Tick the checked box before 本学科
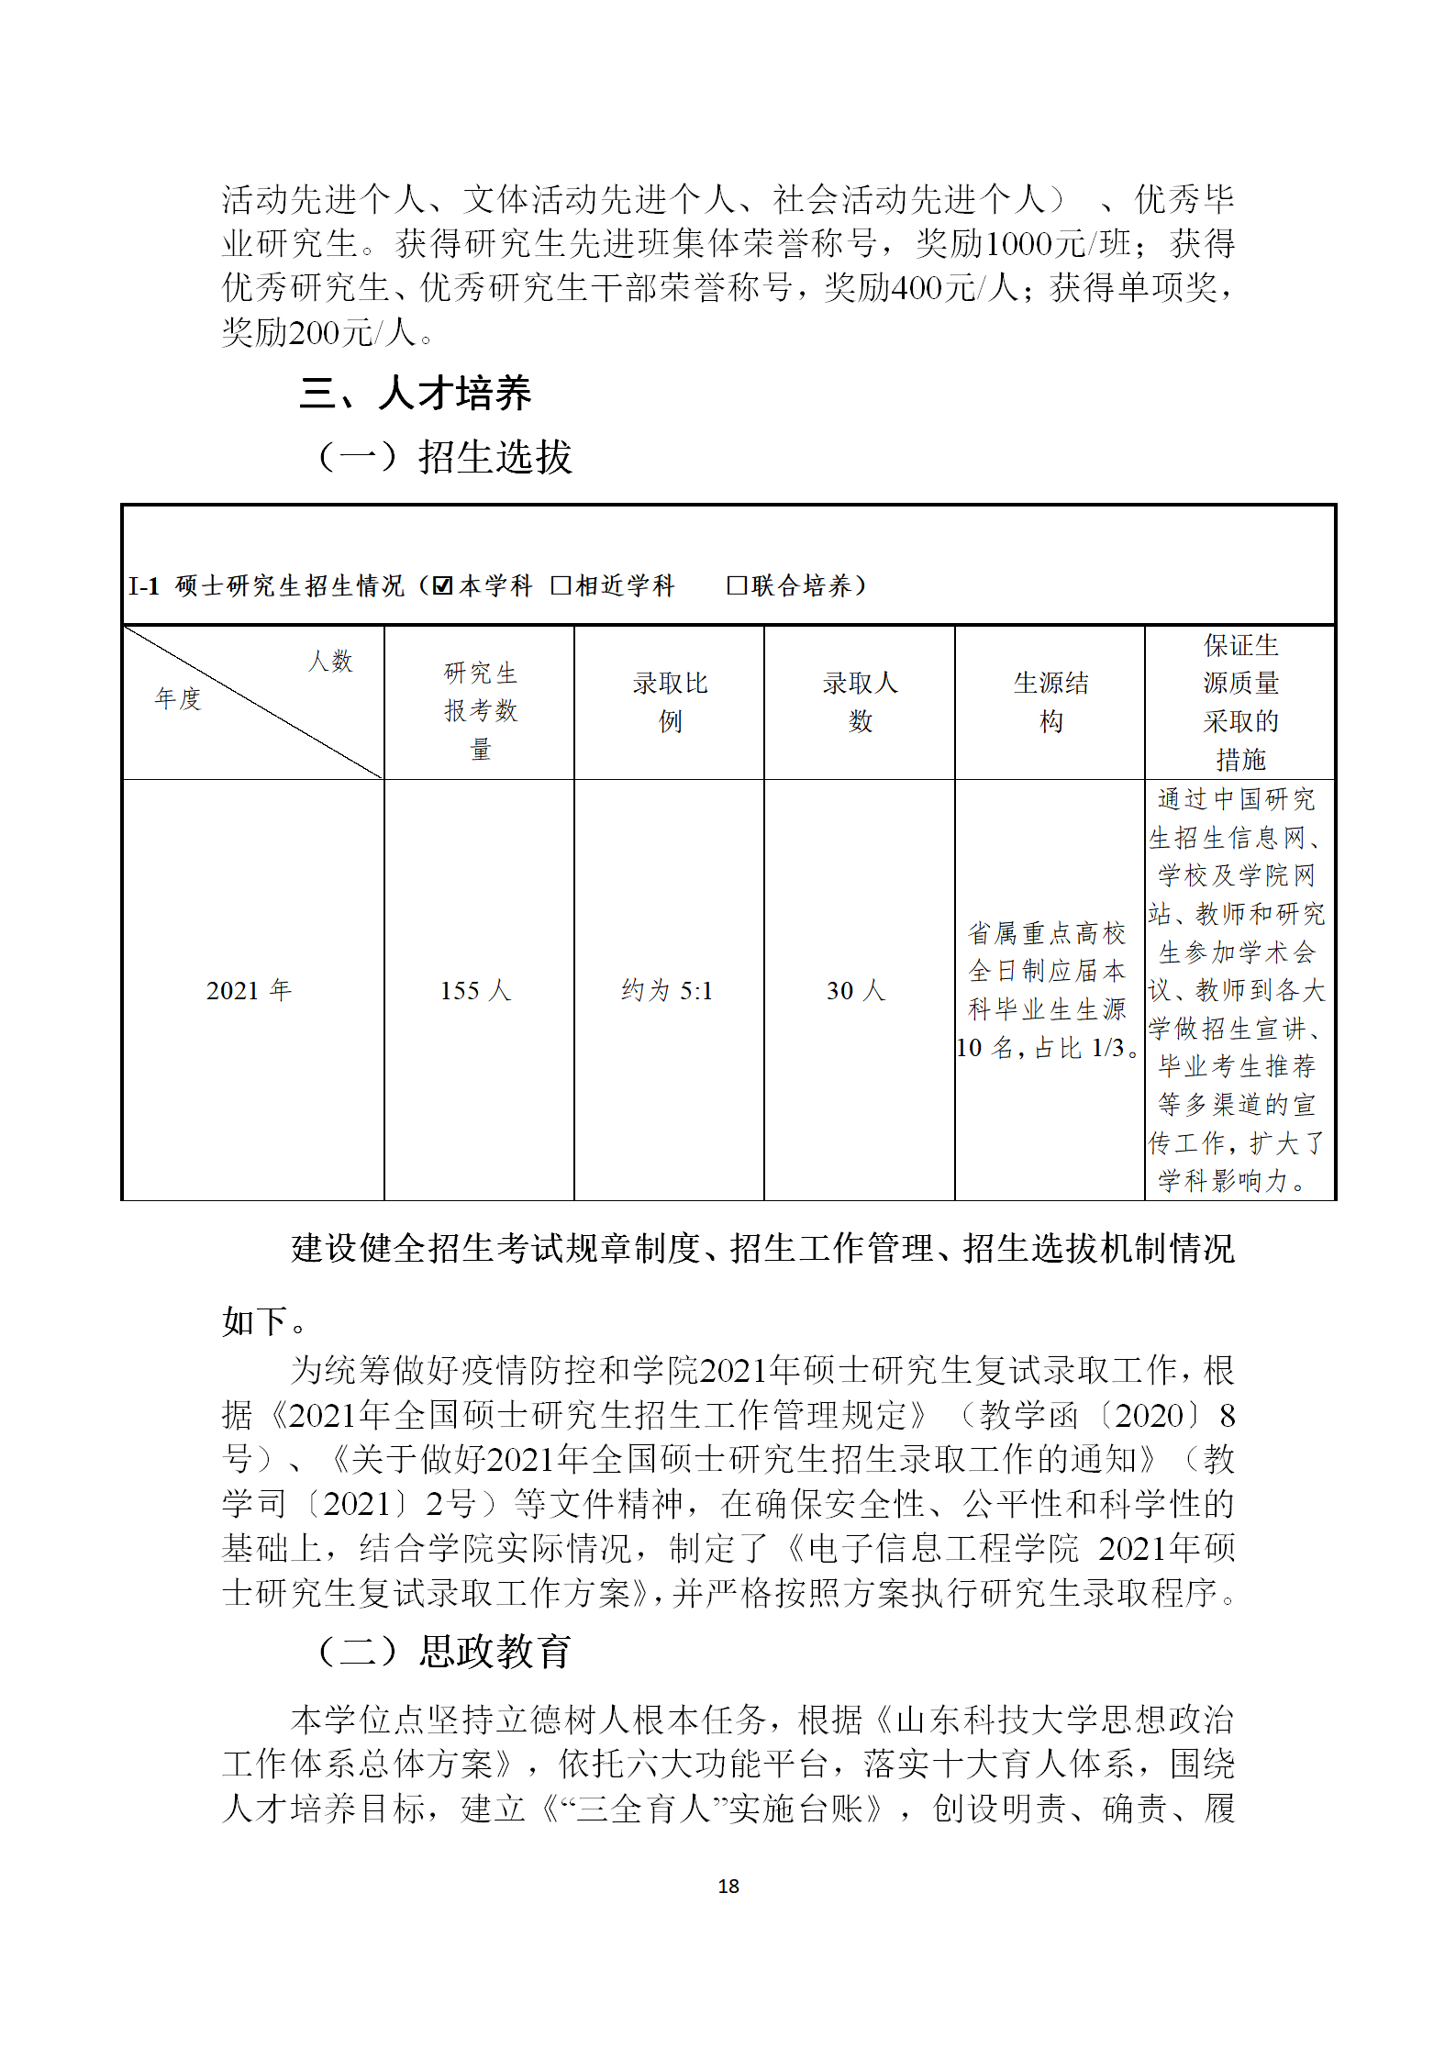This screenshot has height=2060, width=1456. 443,585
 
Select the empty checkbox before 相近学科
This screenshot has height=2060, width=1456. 561,585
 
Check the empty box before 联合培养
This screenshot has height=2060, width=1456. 736,585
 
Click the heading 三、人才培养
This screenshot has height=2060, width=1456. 415,393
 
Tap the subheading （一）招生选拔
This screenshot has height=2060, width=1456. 445,456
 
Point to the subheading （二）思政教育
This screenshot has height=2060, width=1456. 445,1652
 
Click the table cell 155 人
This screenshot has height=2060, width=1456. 475,990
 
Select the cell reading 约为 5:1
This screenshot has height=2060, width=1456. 667,990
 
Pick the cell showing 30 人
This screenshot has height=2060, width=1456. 856,990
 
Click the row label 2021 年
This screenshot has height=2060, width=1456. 249,990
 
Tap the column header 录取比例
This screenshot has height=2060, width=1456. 670,702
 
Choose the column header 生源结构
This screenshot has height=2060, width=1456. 1050,702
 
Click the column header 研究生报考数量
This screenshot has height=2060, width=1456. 480,710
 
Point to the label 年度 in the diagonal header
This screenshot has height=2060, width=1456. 178,699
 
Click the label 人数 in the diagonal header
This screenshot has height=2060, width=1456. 330,661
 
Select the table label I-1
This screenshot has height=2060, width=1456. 144,586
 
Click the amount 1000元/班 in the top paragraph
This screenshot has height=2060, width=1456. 1057,244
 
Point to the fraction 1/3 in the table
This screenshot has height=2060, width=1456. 1106,1048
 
